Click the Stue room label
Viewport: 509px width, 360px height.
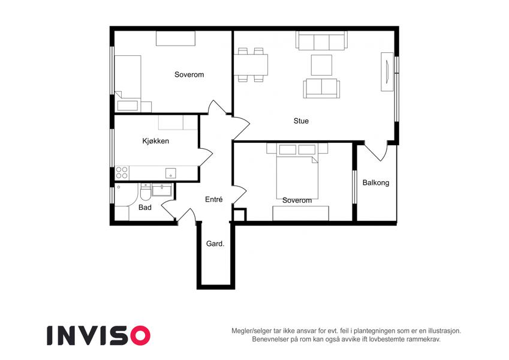(x=301, y=121)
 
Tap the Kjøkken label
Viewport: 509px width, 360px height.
(x=155, y=141)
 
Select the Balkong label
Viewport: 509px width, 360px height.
(x=375, y=182)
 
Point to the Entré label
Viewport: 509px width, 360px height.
(x=213, y=199)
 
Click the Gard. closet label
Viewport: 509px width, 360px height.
(x=215, y=244)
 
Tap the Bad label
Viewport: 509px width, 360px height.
(x=144, y=207)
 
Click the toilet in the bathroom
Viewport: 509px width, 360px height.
(x=145, y=192)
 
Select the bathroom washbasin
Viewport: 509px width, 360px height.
(x=162, y=190)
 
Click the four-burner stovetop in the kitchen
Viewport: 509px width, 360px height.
(x=122, y=173)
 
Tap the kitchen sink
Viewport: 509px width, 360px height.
(x=170, y=173)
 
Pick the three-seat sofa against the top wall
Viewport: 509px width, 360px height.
(x=321, y=41)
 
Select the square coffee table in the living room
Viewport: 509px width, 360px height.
(x=321, y=65)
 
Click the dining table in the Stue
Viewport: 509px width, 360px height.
(x=251, y=65)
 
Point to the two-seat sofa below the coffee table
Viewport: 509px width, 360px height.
(x=321, y=88)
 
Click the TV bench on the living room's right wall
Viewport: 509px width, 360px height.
(x=387, y=71)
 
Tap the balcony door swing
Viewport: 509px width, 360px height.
(x=375, y=151)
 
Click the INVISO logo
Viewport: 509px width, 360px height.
(x=98, y=335)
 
